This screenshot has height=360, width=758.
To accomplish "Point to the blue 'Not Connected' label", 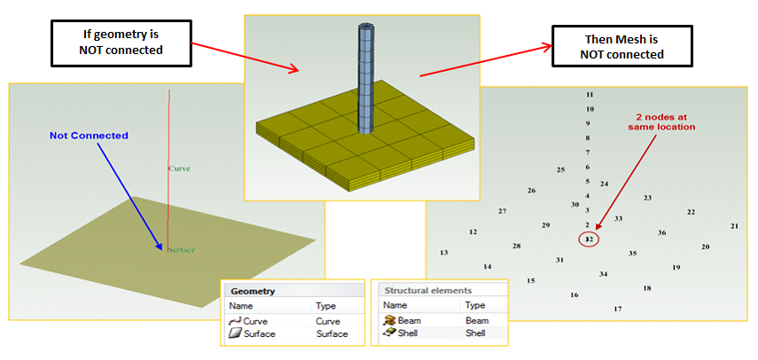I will coord(89,136).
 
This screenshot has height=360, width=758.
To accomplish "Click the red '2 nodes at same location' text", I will coord(660,122).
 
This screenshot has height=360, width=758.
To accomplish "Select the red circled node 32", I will coord(590,239).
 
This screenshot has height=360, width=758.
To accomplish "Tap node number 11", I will coord(590,94).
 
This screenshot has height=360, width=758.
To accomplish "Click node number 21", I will coord(734,226).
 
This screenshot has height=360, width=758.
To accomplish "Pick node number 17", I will coord(618,309).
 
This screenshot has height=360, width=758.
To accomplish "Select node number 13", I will coord(444,253).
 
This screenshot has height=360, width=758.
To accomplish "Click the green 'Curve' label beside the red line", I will coord(180,167).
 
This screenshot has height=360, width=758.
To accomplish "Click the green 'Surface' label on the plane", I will coord(181,250).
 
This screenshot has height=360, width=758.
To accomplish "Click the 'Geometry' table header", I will coord(254,291).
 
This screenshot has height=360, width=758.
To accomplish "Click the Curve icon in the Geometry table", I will coord(236,321).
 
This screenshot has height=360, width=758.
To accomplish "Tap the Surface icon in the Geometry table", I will coord(236,334).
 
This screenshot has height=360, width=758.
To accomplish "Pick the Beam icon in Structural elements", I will coord(388,320).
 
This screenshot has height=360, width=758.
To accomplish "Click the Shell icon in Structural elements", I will coord(388,334).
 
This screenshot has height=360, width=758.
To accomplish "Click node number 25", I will coord(560,169).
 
